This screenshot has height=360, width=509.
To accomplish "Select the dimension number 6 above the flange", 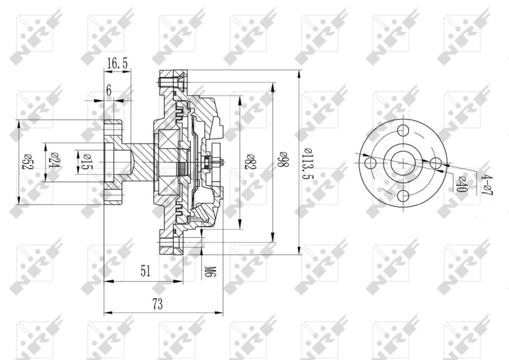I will coord(109,91).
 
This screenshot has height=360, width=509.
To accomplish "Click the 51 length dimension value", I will coord(146,272).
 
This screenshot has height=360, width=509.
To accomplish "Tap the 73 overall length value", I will coord(157,304).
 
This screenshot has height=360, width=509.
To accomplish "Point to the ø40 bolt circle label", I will coord(463,184).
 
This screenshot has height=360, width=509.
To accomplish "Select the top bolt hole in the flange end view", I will coord(403,131).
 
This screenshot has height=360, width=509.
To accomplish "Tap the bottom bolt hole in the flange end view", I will coord(403,196).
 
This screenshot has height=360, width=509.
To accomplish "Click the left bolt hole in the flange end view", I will coord(370,163).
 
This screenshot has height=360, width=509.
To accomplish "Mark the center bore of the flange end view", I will coord(403,163).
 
